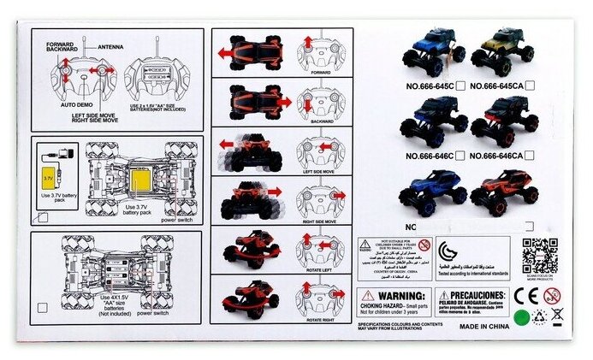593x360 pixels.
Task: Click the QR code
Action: point(540,256)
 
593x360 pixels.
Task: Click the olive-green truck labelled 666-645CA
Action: point(504,51)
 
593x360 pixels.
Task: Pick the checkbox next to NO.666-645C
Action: point(461,86)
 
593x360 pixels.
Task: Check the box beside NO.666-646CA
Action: point(531,156)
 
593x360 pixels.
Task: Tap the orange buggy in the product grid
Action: point(505,192)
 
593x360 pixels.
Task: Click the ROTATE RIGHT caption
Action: point(320,319)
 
